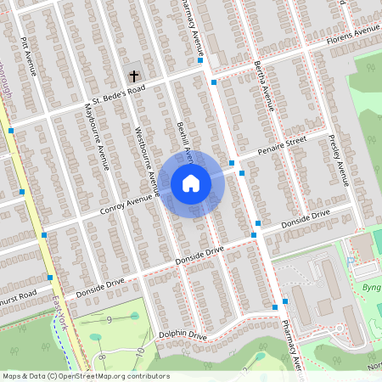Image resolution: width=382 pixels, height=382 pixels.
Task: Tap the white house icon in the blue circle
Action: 190,183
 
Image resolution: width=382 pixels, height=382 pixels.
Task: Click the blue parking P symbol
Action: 350,262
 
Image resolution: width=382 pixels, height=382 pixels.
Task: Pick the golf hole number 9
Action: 110,319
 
